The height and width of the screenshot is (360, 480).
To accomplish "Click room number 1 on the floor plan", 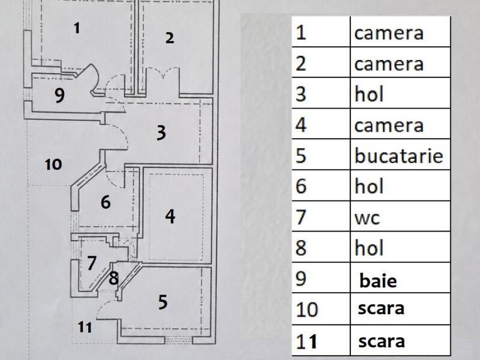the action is (x=77, y=28).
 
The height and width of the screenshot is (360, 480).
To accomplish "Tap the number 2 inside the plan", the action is (x=170, y=38).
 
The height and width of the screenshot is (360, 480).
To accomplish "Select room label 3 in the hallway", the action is (x=161, y=133).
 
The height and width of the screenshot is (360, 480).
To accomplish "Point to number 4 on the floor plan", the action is (x=170, y=217).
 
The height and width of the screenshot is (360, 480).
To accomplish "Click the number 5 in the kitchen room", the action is (x=163, y=302).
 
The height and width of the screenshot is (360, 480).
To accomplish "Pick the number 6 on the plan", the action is (x=106, y=202).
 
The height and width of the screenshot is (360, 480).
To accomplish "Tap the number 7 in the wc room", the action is (x=92, y=263).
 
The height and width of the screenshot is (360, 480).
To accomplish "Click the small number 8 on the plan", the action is (x=113, y=278).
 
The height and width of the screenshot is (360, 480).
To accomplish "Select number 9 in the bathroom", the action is (x=59, y=95).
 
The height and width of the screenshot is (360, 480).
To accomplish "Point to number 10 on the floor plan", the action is (x=53, y=164).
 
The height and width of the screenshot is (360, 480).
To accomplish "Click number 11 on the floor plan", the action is (x=85, y=327).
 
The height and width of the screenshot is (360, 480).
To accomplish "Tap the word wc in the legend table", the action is (x=367, y=218).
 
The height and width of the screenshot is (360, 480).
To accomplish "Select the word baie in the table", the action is (x=378, y=280).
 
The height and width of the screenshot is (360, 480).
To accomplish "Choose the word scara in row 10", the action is (x=381, y=308).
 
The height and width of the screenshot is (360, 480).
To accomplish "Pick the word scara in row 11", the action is (x=382, y=341).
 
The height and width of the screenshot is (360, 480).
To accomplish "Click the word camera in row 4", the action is (x=389, y=125).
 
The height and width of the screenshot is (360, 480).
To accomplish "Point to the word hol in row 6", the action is (x=369, y=185).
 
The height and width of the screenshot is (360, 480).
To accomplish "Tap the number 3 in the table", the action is (x=301, y=94).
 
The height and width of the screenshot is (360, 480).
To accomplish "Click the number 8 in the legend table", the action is (x=301, y=248).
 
